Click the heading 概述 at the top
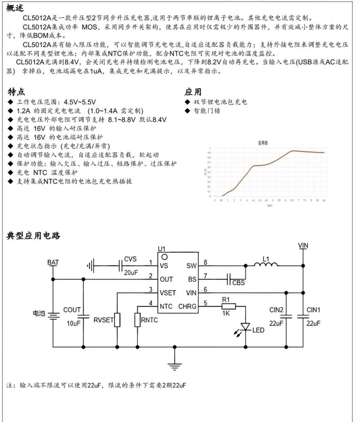(15, 8)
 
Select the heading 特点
(16, 92)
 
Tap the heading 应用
(193, 92)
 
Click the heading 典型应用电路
(33, 236)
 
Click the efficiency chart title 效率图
(263, 143)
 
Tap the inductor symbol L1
(266, 265)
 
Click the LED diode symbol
(245, 327)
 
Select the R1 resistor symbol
(226, 306)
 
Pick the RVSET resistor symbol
(117, 320)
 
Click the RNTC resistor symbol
(137, 320)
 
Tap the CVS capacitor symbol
(120, 266)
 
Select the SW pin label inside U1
(191, 266)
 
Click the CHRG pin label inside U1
(187, 307)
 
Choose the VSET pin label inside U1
(168, 293)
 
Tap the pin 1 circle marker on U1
(164, 257)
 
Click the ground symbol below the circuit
(175, 366)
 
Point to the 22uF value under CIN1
(313, 324)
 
